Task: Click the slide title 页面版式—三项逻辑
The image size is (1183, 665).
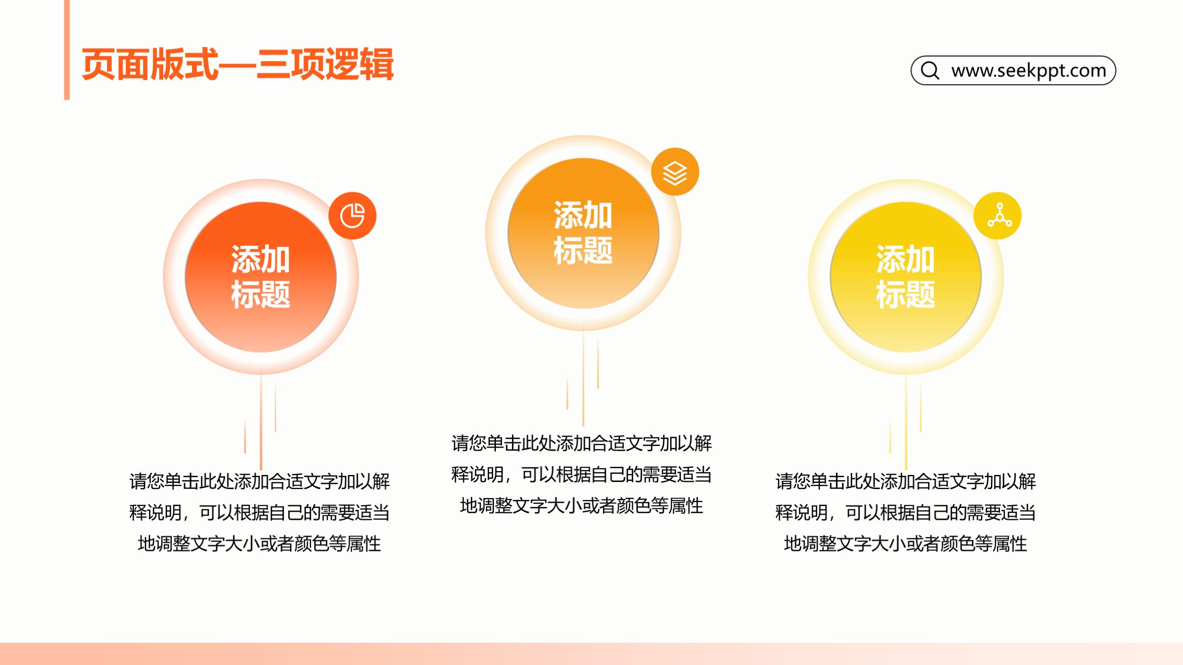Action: pyautogui.click(x=238, y=64)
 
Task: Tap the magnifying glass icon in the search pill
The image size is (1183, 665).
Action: pyautogui.click(x=930, y=70)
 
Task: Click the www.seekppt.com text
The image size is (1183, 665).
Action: pyautogui.click(x=1029, y=70)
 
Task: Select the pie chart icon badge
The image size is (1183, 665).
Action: pyautogui.click(x=353, y=216)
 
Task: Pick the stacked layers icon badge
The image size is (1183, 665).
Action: pyautogui.click(x=675, y=172)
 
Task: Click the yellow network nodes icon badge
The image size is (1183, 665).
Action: pyautogui.click(x=998, y=216)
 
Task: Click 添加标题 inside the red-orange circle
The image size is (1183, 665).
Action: pyautogui.click(x=261, y=277)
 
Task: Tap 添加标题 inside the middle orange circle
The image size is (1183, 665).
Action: pyautogui.click(x=583, y=233)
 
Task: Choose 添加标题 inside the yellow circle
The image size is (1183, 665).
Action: pyautogui.click(x=906, y=277)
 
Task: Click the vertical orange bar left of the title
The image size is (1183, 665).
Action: pyautogui.click(x=67, y=50)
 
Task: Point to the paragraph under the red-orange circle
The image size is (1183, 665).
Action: pyautogui.click(x=260, y=513)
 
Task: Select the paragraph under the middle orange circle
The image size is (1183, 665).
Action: pyautogui.click(x=582, y=474)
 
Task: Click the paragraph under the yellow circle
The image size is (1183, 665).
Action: pyautogui.click(x=906, y=513)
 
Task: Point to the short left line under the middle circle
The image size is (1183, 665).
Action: pyautogui.click(x=567, y=392)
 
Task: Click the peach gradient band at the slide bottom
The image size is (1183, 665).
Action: pyautogui.click(x=591, y=654)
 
